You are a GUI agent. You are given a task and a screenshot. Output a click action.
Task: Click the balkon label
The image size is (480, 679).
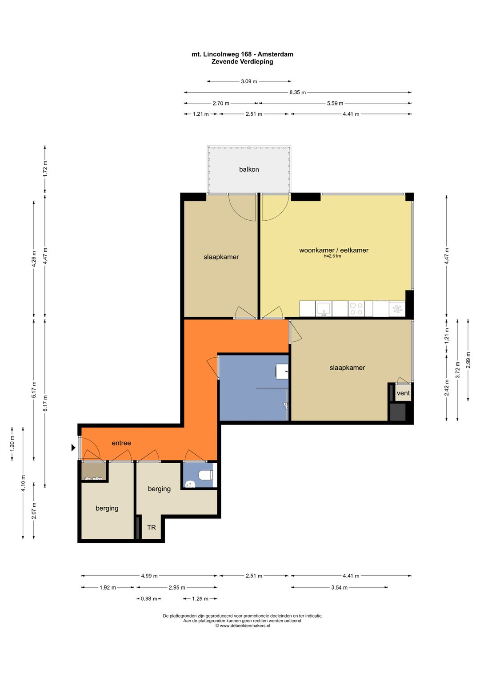(249, 170)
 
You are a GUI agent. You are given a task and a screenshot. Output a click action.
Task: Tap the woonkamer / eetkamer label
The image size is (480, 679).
(334, 250)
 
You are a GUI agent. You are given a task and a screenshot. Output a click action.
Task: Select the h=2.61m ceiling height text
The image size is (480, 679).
(332, 256)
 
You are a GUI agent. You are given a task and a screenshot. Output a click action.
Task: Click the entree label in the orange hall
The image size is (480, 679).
(121, 443)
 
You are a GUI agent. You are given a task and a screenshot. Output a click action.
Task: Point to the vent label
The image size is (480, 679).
(403, 393)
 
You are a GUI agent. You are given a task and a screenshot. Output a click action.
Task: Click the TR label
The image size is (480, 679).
(152, 527)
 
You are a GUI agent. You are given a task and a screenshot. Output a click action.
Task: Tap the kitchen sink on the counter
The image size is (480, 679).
(324, 309)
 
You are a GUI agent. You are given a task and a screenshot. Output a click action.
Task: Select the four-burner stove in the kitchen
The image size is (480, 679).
(356, 309)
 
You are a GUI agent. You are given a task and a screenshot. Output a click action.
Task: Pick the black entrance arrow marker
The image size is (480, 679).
(73, 448)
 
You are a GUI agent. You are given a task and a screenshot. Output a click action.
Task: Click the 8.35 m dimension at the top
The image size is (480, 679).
(297, 92)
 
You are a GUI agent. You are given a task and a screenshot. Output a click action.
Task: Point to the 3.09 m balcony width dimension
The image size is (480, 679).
(249, 81)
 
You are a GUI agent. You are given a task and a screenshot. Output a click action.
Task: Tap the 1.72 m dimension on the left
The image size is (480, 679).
(45, 170)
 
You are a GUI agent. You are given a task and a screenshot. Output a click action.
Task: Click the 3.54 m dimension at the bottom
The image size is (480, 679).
(339, 587)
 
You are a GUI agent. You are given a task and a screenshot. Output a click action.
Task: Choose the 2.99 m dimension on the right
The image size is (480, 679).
(468, 360)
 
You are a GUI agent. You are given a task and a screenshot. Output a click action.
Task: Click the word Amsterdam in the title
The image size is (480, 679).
(276, 54)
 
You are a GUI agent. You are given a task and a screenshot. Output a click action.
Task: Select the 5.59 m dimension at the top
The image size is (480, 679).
(335, 103)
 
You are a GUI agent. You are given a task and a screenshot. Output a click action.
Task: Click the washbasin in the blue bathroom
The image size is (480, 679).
(282, 372)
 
